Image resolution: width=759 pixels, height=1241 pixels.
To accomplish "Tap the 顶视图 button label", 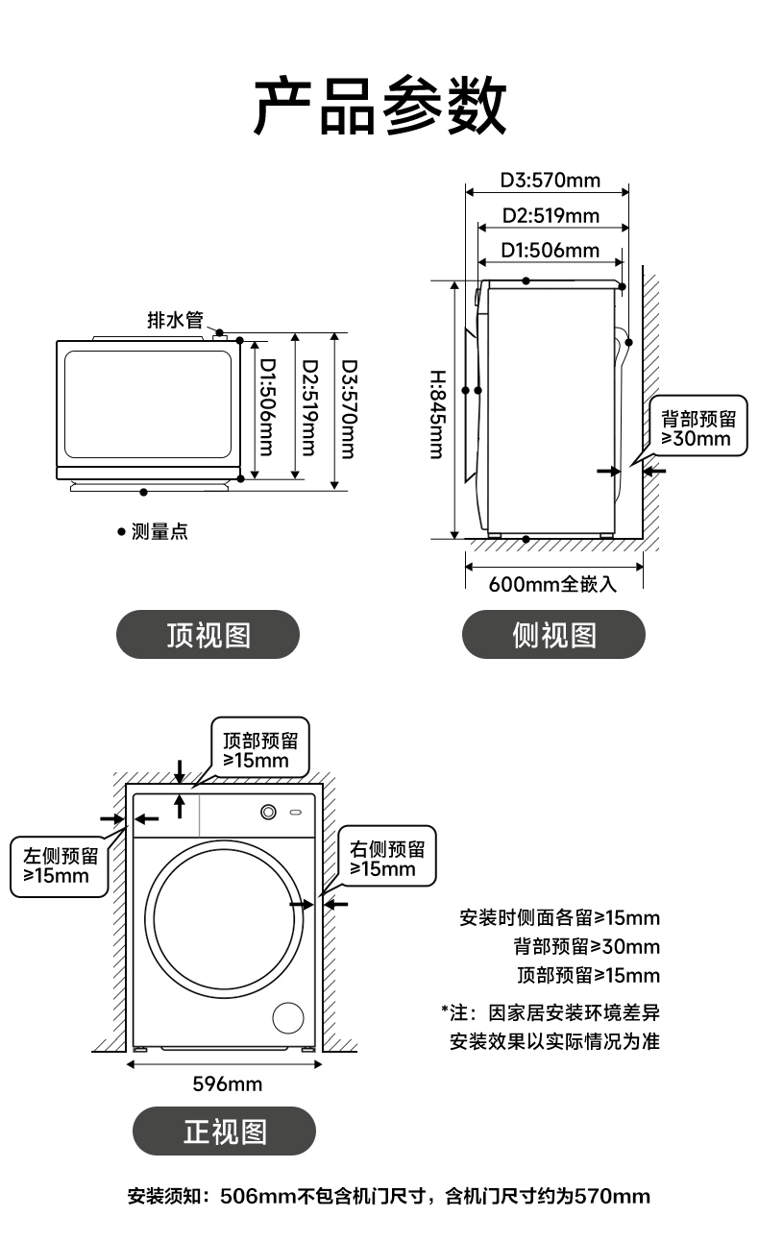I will [x=208, y=635].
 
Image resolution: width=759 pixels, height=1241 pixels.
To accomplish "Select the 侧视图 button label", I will [x=553, y=635].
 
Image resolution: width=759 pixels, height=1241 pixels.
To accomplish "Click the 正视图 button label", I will [x=224, y=1131].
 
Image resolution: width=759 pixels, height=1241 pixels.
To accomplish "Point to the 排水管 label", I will [x=175, y=320].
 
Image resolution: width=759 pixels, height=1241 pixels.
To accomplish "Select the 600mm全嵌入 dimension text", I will [x=551, y=584].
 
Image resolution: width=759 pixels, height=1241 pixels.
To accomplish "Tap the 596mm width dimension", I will [x=227, y=1084].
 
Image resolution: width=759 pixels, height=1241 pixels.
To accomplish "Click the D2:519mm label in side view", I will [x=551, y=215].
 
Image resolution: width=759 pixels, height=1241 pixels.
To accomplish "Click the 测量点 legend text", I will [x=159, y=531].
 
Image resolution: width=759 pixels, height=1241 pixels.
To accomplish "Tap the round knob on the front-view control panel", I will [x=268, y=813].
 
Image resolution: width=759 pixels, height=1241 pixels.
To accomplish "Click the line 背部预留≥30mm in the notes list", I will [x=586, y=947].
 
